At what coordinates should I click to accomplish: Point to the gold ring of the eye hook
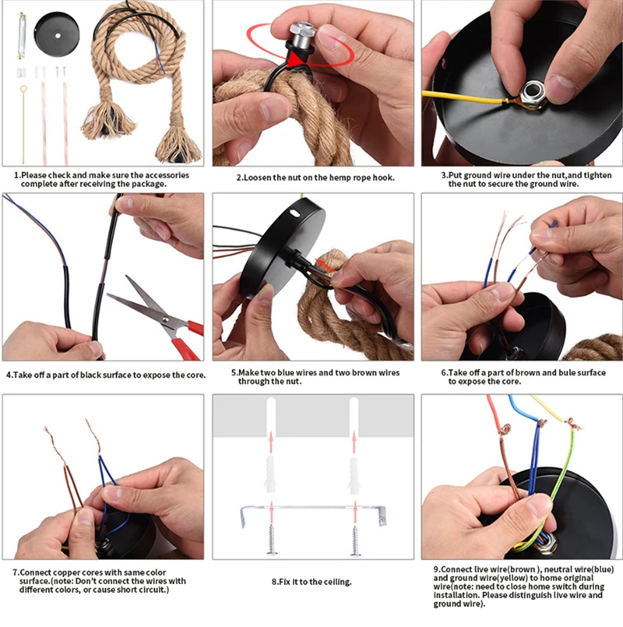click(23, 93)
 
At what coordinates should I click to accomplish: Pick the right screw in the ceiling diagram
click(354, 538)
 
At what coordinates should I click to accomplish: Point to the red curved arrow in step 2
click(269, 43)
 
